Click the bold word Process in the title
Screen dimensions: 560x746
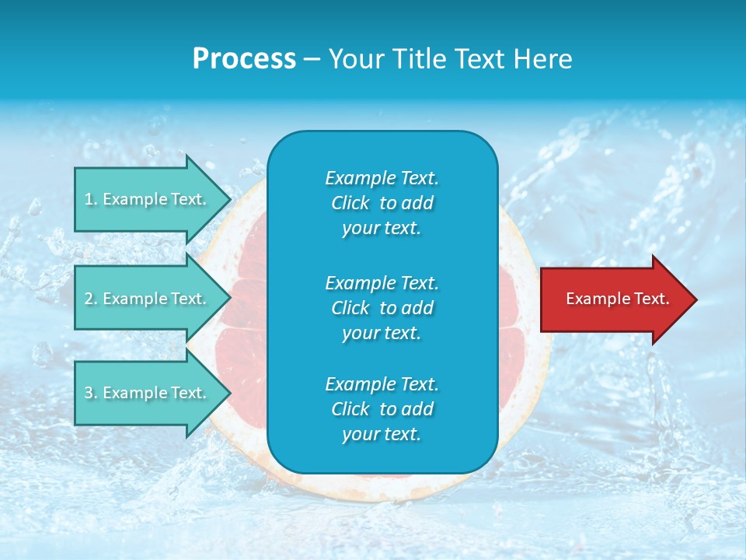click(244, 59)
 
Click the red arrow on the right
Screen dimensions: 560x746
click(614, 299)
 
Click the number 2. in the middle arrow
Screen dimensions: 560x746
click(91, 299)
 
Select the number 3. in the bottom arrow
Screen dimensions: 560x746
click(91, 393)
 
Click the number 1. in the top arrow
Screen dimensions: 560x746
click(90, 199)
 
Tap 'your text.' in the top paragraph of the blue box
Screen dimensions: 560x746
click(382, 229)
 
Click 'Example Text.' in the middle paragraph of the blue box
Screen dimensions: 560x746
click(382, 282)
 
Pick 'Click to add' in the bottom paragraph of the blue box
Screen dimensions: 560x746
click(382, 409)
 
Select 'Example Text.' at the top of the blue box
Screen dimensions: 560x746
click(382, 178)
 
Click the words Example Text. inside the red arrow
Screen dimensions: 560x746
click(617, 299)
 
